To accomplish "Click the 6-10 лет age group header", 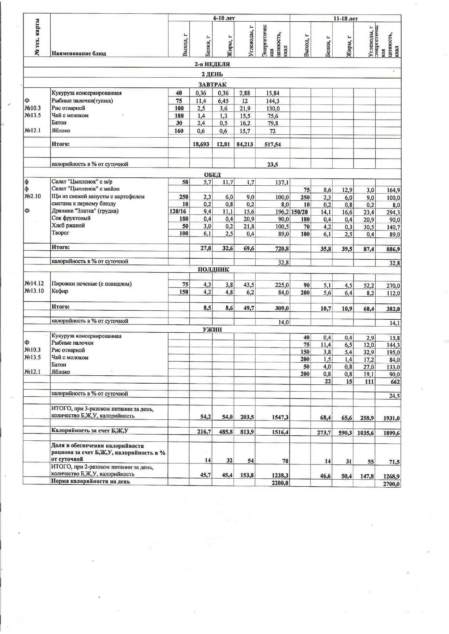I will click(x=224, y=18).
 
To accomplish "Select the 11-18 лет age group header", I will click(x=346, y=18).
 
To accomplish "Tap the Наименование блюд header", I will click(x=79, y=53).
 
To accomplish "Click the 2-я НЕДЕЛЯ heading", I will click(x=212, y=64).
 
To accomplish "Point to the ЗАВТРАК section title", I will click(x=212, y=85).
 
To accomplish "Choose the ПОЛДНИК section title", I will click(x=213, y=269).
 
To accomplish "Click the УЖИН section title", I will click(x=212, y=329).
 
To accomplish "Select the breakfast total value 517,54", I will click(x=273, y=145).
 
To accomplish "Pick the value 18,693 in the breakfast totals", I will click(x=201, y=145).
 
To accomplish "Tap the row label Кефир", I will click(x=60, y=291).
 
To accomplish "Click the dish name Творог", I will click(x=60, y=233).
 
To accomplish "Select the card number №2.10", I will click(x=33, y=197).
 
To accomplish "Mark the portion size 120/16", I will click(x=179, y=211).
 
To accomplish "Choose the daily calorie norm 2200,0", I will click(x=281, y=483).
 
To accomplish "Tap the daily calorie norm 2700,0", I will click(x=392, y=484).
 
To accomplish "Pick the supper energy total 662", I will click(x=395, y=382).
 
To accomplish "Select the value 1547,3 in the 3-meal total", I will click(x=280, y=417).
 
